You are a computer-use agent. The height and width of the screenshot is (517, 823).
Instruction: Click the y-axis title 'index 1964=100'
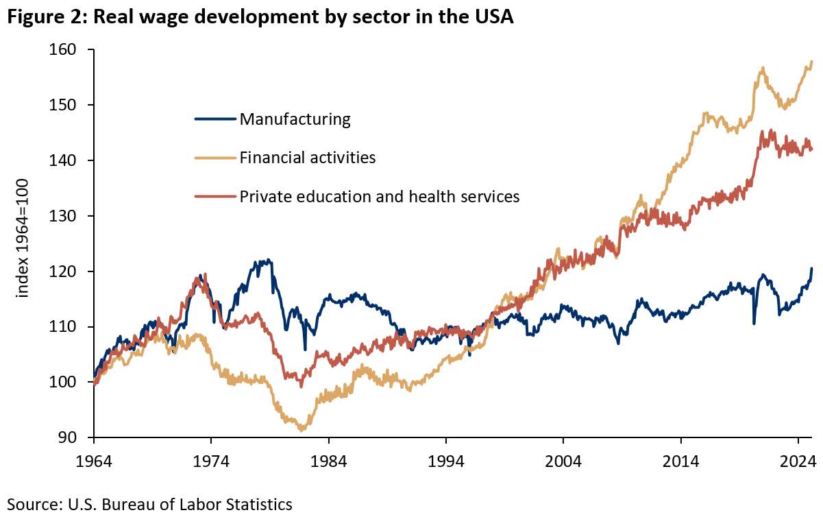pyautogui.click(x=23, y=244)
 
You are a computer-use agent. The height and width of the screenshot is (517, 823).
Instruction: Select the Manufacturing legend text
pyautogui.click(x=295, y=119)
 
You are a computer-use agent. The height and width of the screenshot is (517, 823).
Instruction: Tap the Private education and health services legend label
pyautogui.click(x=380, y=197)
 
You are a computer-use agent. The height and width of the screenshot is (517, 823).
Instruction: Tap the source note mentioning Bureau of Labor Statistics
pyautogui.click(x=149, y=505)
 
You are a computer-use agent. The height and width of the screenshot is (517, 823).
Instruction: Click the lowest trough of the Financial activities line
pyautogui.click(x=302, y=430)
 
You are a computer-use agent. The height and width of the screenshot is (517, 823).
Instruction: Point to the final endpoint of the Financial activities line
pyautogui.click(x=812, y=62)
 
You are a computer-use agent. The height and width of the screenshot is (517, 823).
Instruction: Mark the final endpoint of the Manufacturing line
pyautogui.click(x=812, y=269)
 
